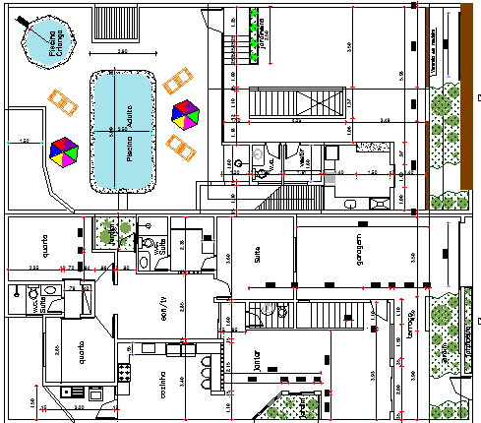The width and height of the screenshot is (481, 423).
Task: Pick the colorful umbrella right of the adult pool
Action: tap(184, 114)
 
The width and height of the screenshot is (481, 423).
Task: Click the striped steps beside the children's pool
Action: tap(104, 19)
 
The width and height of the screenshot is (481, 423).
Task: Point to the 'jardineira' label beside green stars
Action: tap(264, 33)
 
